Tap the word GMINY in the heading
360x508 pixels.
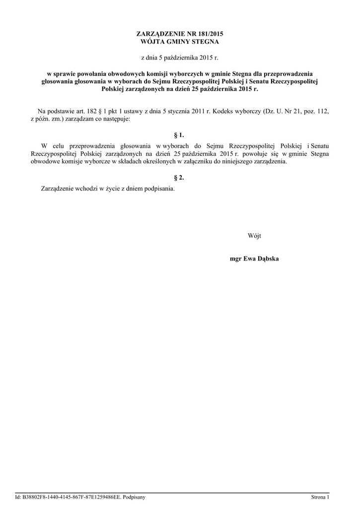[178, 42]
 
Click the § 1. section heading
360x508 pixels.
[180, 134]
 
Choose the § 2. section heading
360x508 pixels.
[180, 178]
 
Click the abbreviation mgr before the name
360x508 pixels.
[235, 258]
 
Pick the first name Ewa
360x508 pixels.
[249, 258]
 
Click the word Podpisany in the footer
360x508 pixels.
[134, 497]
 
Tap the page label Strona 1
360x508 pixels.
[320, 497]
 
